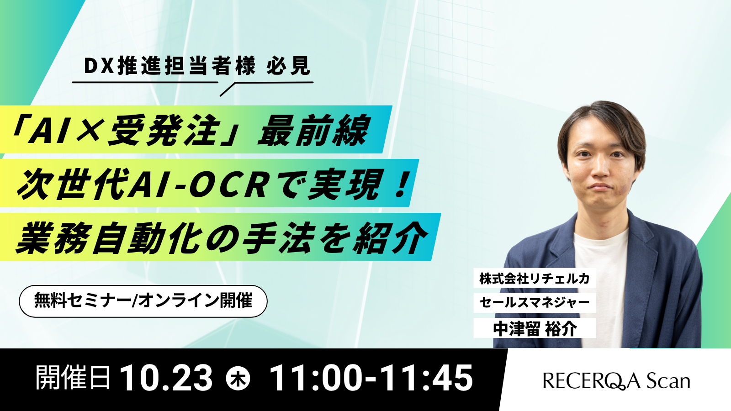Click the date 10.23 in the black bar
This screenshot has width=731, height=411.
tap(166, 379)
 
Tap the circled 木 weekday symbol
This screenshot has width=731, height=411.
tap(238, 379)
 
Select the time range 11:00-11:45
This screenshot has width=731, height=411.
tap(372, 379)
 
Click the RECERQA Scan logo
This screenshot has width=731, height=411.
tap(616, 381)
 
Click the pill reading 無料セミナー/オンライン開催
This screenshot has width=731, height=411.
tap(143, 301)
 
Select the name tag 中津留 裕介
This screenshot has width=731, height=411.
tap(535, 328)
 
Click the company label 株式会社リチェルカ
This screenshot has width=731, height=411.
tap(535, 278)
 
